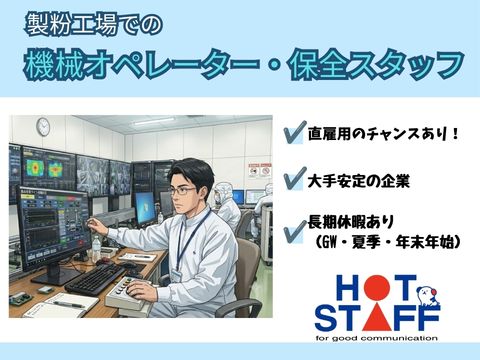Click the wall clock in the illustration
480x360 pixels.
point(43,127)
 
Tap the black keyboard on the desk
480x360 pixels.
point(96,278)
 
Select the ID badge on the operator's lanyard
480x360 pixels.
point(178,276)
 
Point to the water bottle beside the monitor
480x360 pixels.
point(96,248)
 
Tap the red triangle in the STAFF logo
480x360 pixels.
point(377,317)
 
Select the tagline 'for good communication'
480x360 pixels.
point(377,338)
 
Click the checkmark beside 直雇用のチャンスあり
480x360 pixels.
point(295,132)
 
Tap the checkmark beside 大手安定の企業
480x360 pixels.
point(295,178)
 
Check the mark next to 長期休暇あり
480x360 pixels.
point(295,232)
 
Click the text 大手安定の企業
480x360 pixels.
point(358,181)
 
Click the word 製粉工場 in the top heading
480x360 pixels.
point(71,25)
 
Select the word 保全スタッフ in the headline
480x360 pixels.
point(377,65)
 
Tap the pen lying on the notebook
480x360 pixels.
point(69,304)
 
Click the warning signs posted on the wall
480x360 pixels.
point(260,170)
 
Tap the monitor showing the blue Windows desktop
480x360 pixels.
point(145,209)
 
